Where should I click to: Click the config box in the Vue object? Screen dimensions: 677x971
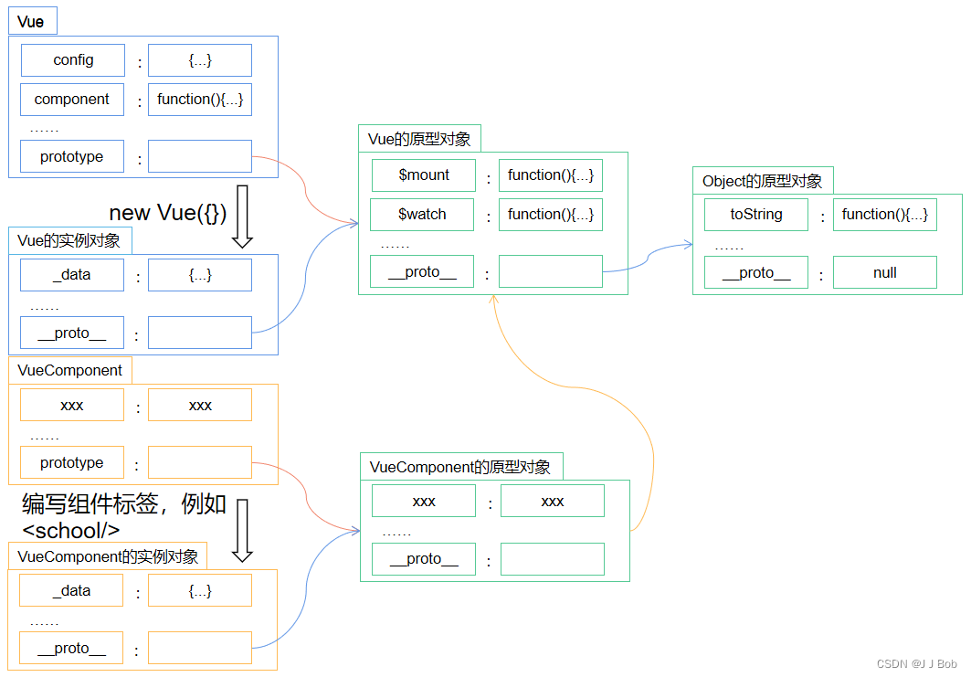pos(72,60)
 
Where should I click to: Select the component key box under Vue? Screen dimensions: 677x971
pos(72,100)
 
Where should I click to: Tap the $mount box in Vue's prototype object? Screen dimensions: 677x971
pos(424,175)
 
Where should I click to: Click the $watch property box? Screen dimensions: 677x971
pos(422,215)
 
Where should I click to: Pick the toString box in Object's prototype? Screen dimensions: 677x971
pos(756,215)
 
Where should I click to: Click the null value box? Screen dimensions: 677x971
pos(884,273)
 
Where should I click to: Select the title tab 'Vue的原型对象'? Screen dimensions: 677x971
pos(419,139)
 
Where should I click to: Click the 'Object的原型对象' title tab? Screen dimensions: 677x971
pos(763,181)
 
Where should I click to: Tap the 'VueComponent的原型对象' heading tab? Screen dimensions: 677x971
pos(460,467)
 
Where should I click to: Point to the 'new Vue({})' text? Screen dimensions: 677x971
pos(168,213)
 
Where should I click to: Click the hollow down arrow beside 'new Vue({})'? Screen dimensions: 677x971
pos(242,217)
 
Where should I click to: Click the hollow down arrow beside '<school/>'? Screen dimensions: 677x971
pos(242,530)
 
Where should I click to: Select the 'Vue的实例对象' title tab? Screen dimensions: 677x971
pos(69,241)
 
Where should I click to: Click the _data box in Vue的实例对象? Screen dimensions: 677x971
pos(72,275)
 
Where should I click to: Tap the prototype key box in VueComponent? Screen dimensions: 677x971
pos(72,463)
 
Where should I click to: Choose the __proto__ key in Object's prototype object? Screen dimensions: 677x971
pos(756,273)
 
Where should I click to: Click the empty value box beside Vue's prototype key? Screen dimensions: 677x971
pos(200,157)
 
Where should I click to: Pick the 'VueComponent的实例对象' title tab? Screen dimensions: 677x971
pos(107,556)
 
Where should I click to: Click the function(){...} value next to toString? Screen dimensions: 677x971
pos(884,215)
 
